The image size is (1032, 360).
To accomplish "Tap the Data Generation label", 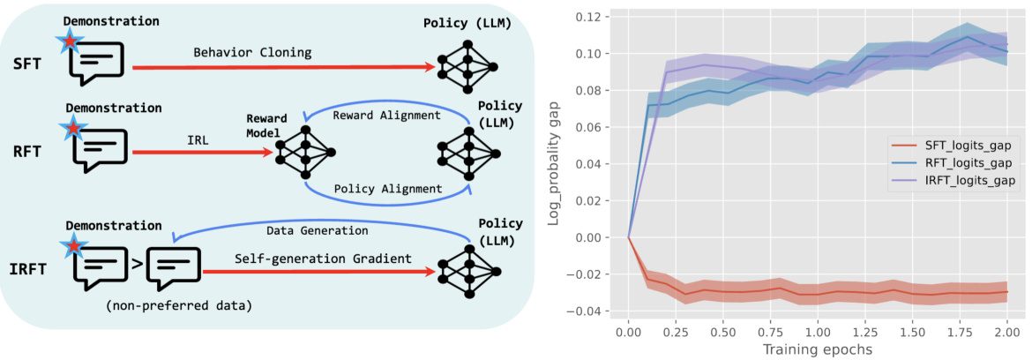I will pyautogui.click(x=317, y=230).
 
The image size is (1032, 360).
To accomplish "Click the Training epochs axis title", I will pyautogui.click(x=817, y=350).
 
